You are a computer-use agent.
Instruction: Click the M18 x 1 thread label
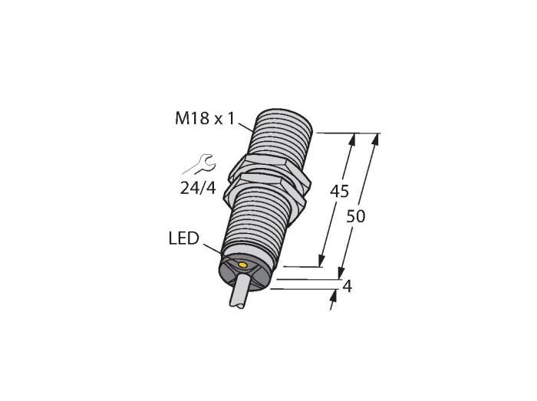coord(205,119)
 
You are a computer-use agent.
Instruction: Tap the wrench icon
coord(200,164)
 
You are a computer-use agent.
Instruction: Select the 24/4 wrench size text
coord(198,188)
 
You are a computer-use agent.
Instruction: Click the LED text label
coord(184,238)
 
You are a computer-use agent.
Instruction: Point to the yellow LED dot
coord(243,265)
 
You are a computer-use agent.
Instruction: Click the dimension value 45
coord(339,191)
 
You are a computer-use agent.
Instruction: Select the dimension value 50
coord(355,216)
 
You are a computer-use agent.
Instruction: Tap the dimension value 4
coord(348,287)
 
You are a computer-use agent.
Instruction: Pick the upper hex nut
coord(270,168)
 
